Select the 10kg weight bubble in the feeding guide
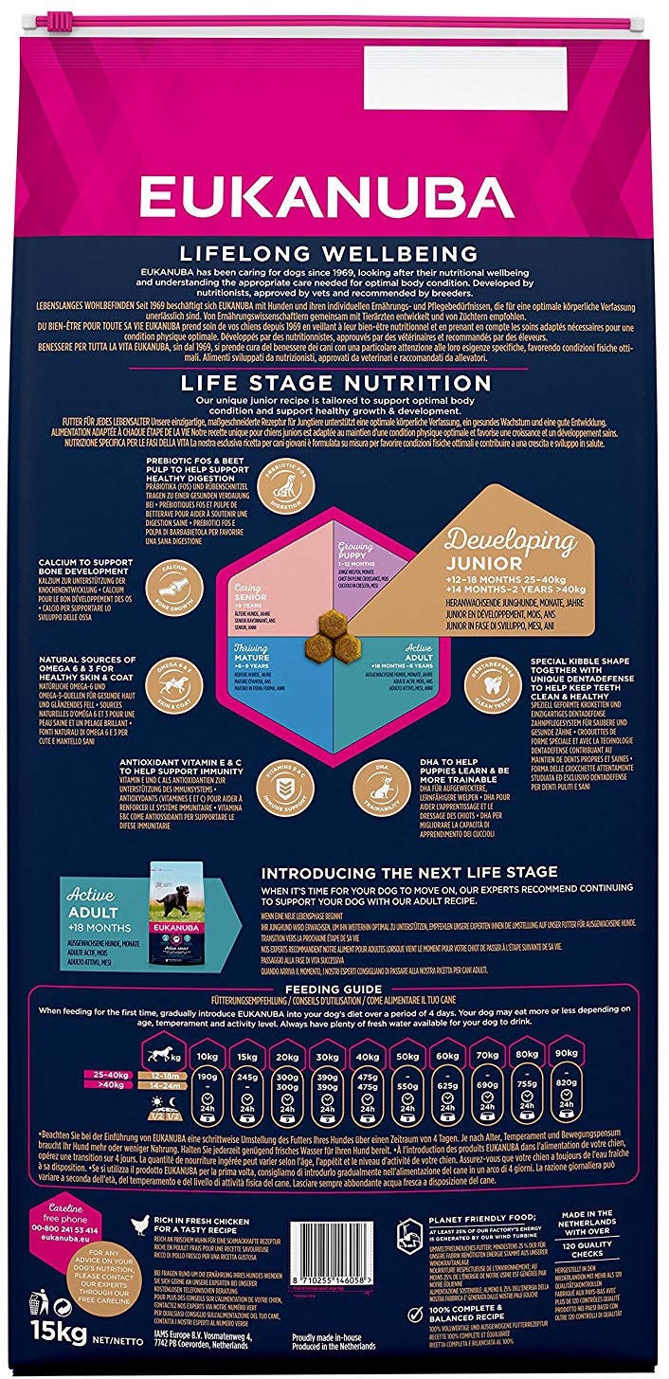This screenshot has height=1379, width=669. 208,1056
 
